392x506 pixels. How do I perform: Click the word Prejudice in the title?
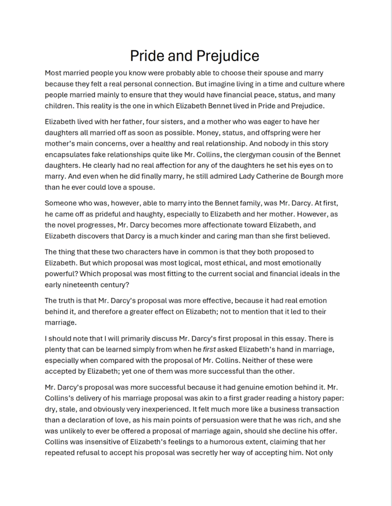(x=228, y=55)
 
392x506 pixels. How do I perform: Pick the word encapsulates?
(x=68, y=155)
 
